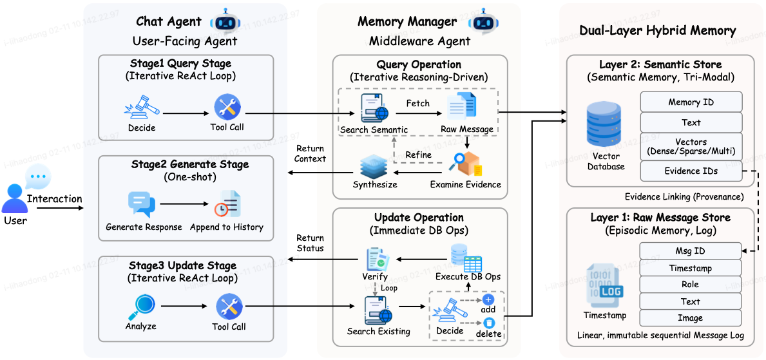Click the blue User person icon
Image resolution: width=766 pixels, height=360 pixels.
[x=14, y=198]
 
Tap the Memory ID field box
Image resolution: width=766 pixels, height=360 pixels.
[x=691, y=102]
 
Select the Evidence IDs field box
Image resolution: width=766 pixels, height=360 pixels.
[x=691, y=171]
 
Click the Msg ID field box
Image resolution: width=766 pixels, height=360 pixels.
[x=689, y=251]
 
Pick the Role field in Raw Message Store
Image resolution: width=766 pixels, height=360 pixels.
[x=689, y=285]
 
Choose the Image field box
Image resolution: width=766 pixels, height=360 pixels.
[x=689, y=318]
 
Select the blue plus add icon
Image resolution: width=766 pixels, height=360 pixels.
[x=488, y=300]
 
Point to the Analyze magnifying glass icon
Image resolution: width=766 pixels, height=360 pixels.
[x=140, y=307]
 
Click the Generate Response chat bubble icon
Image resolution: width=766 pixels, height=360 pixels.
[x=140, y=205]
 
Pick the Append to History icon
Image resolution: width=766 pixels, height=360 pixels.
[x=227, y=204]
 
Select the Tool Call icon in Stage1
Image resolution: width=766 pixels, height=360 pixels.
[x=227, y=107]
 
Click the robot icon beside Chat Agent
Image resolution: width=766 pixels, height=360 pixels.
[x=224, y=21]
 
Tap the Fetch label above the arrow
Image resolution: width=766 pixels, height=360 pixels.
[x=417, y=103]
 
